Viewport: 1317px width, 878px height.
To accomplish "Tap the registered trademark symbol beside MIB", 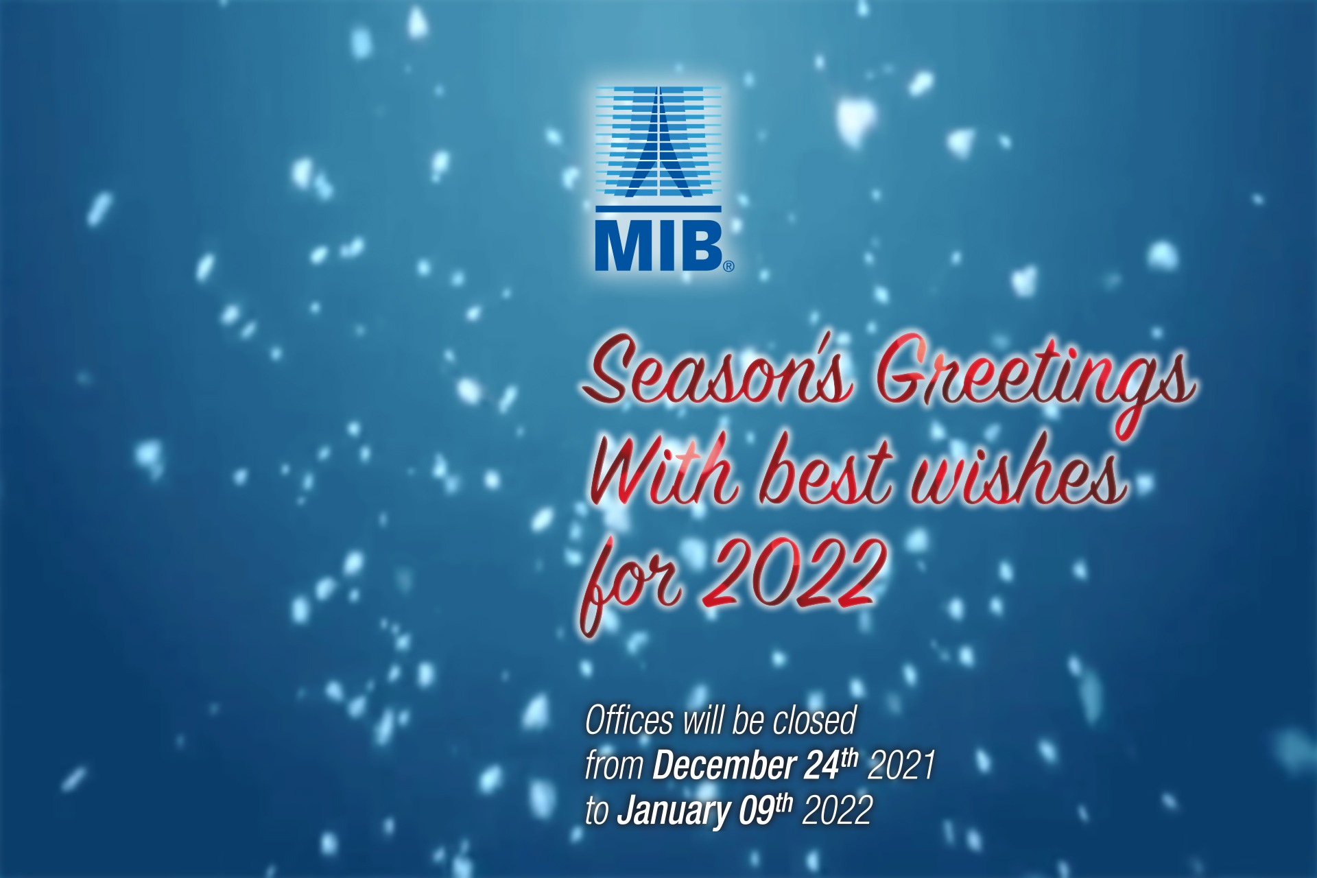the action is pos(728,266).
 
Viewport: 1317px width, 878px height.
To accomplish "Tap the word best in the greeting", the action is pos(826,473).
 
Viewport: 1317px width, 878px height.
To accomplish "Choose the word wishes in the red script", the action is pos(1019,473).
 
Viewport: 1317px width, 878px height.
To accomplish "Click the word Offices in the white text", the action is pos(629,721).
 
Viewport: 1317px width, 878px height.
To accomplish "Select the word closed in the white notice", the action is pos(814,720).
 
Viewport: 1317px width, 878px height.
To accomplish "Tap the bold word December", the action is pos(724,766).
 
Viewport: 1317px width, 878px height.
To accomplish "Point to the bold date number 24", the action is pos(821,766).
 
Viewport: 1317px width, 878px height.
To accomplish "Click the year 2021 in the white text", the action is pos(901,766).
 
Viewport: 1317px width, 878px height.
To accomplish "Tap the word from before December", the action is pos(614,766).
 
